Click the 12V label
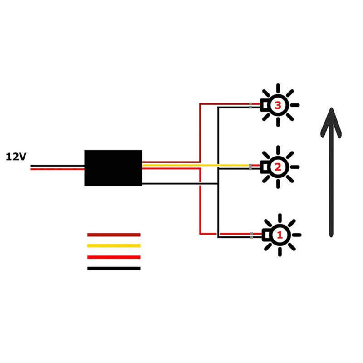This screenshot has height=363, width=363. click(x=16, y=157)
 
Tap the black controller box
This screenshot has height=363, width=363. click(x=113, y=167)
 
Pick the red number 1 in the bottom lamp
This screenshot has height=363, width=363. click(x=280, y=235)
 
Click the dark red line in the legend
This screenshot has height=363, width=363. click(x=113, y=235)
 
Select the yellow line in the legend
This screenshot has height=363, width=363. click(x=113, y=246)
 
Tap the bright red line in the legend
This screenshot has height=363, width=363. click(x=113, y=257)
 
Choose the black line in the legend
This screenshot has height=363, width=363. click(x=113, y=268)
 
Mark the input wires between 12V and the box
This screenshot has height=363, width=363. click(x=57, y=167)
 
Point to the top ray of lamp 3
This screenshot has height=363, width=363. click(x=278, y=88)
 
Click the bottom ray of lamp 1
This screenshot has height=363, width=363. click(x=279, y=252)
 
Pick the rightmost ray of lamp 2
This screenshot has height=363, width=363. click(x=295, y=167)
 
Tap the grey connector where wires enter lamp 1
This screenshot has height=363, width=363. click(x=251, y=235)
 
